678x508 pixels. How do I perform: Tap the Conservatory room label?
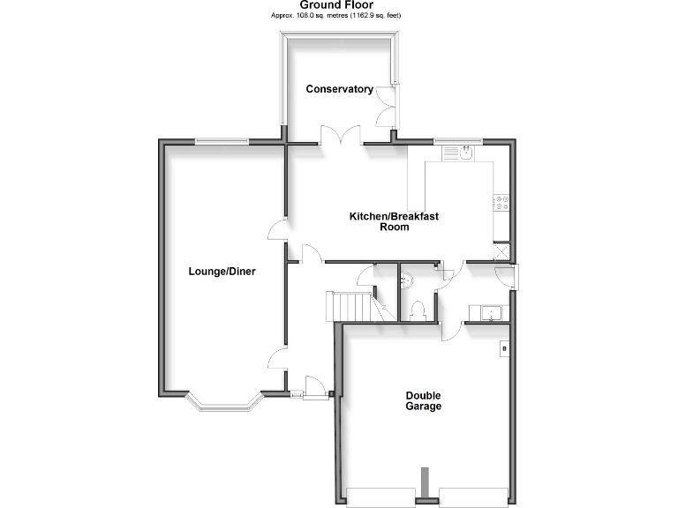339,89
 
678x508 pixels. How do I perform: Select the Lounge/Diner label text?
222,272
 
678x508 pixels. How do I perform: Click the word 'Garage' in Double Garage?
424,407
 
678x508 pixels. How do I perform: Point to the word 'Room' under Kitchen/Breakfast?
394,227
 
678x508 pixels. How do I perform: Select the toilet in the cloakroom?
418,310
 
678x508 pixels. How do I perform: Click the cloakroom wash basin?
406,280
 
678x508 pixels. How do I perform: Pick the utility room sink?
489,312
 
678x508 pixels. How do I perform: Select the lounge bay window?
222,405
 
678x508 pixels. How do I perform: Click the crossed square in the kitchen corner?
503,250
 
